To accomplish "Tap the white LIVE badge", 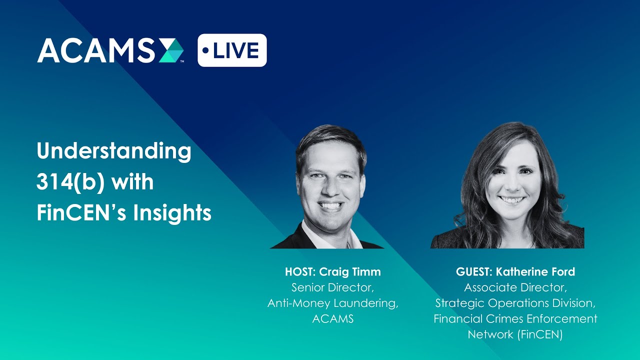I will coord(232,50).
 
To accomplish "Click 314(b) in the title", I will coord(69,182).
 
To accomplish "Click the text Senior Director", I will coord(332,287).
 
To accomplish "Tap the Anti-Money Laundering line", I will coord(332,303).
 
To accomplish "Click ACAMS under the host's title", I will coord(332,318).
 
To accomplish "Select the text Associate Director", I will coord(515,287).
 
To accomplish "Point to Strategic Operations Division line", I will coord(515,303).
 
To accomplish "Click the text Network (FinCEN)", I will coord(515,334).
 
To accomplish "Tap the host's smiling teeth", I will coord(330,205).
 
